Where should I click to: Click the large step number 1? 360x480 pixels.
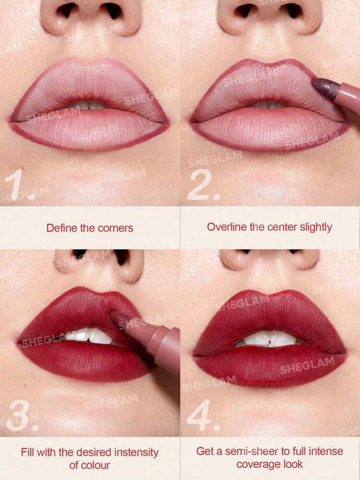click(x=18, y=184)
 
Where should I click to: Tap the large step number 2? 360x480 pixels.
click(x=203, y=184)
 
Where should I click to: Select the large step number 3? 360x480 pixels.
click(x=21, y=416)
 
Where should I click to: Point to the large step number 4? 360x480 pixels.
click(x=203, y=416)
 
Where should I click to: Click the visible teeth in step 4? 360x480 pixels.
click(x=268, y=339)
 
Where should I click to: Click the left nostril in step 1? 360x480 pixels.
click(x=67, y=12)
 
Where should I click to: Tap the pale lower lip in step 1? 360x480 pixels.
click(x=89, y=131)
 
